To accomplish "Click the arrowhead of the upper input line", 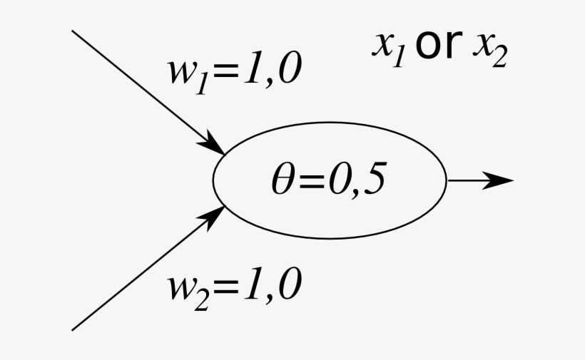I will click(216, 143).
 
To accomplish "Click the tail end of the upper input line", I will click(73, 31).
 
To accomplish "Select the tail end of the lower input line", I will click(73, 329).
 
